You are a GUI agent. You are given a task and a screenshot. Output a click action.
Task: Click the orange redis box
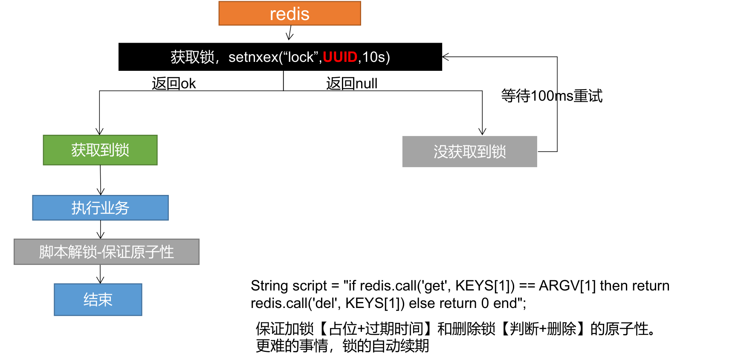click(289, 14)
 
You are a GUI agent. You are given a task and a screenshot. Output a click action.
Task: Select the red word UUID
click(340, 57)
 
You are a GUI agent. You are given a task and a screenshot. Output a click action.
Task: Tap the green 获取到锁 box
click(100, 150)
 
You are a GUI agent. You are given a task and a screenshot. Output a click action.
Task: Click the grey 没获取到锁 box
click(469, 152)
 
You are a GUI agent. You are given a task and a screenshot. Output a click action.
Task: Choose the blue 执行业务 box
click(100, 208)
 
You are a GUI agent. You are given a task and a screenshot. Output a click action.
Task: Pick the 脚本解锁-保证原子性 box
click(106, 252)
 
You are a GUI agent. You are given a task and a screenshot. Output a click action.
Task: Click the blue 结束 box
click(98, 300)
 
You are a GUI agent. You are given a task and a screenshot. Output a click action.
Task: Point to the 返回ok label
click(174, 84)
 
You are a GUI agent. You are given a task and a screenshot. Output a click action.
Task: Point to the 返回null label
click(352, 84)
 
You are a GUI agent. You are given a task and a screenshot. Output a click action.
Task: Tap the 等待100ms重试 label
click(552, 96)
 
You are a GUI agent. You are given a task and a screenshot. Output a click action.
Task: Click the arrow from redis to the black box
click(290, 33)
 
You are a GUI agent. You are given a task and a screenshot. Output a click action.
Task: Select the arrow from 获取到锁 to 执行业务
click(101, 180)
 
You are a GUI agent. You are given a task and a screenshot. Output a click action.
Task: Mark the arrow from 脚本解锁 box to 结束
click(100, 274)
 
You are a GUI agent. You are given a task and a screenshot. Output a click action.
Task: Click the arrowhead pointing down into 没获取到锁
click(482, 131)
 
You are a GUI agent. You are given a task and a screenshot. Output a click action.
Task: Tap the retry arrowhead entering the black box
click(446, 57)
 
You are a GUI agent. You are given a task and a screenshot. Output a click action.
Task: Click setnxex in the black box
click(253, 57)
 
